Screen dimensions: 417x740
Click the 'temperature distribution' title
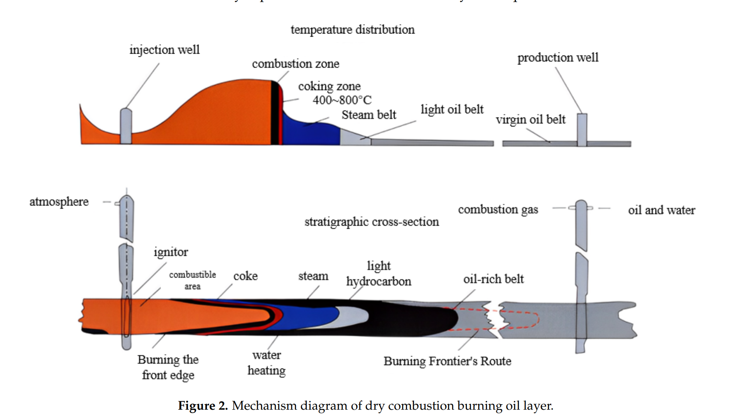tap(353, 30)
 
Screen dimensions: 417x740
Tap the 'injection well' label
tap(164, 50)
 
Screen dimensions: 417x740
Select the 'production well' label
tap(558, 57)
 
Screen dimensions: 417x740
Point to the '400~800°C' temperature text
tap(342, 100)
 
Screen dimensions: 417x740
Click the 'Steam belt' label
tap(368, 115)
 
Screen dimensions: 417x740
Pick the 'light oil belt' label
tap(452, 110)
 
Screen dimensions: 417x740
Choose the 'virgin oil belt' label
tap(531, 120)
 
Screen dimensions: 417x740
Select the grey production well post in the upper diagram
tap(582, 130)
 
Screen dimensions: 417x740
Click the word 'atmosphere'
tap(59, 202)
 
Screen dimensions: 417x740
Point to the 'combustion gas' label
tap(498, 209)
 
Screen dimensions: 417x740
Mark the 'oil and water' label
tap(661, 210)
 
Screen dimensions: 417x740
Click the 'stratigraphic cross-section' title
tap(372, 222)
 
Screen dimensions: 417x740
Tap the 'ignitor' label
tap(171, 252)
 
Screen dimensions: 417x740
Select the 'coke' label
tap(245, 276)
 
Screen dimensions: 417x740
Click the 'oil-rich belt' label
tap(493, 279)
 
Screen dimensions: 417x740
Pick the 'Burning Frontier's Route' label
tap(447, 361)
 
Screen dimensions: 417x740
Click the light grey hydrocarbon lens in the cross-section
tap(353, 316)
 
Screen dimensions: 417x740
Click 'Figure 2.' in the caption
tap(203, 406)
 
